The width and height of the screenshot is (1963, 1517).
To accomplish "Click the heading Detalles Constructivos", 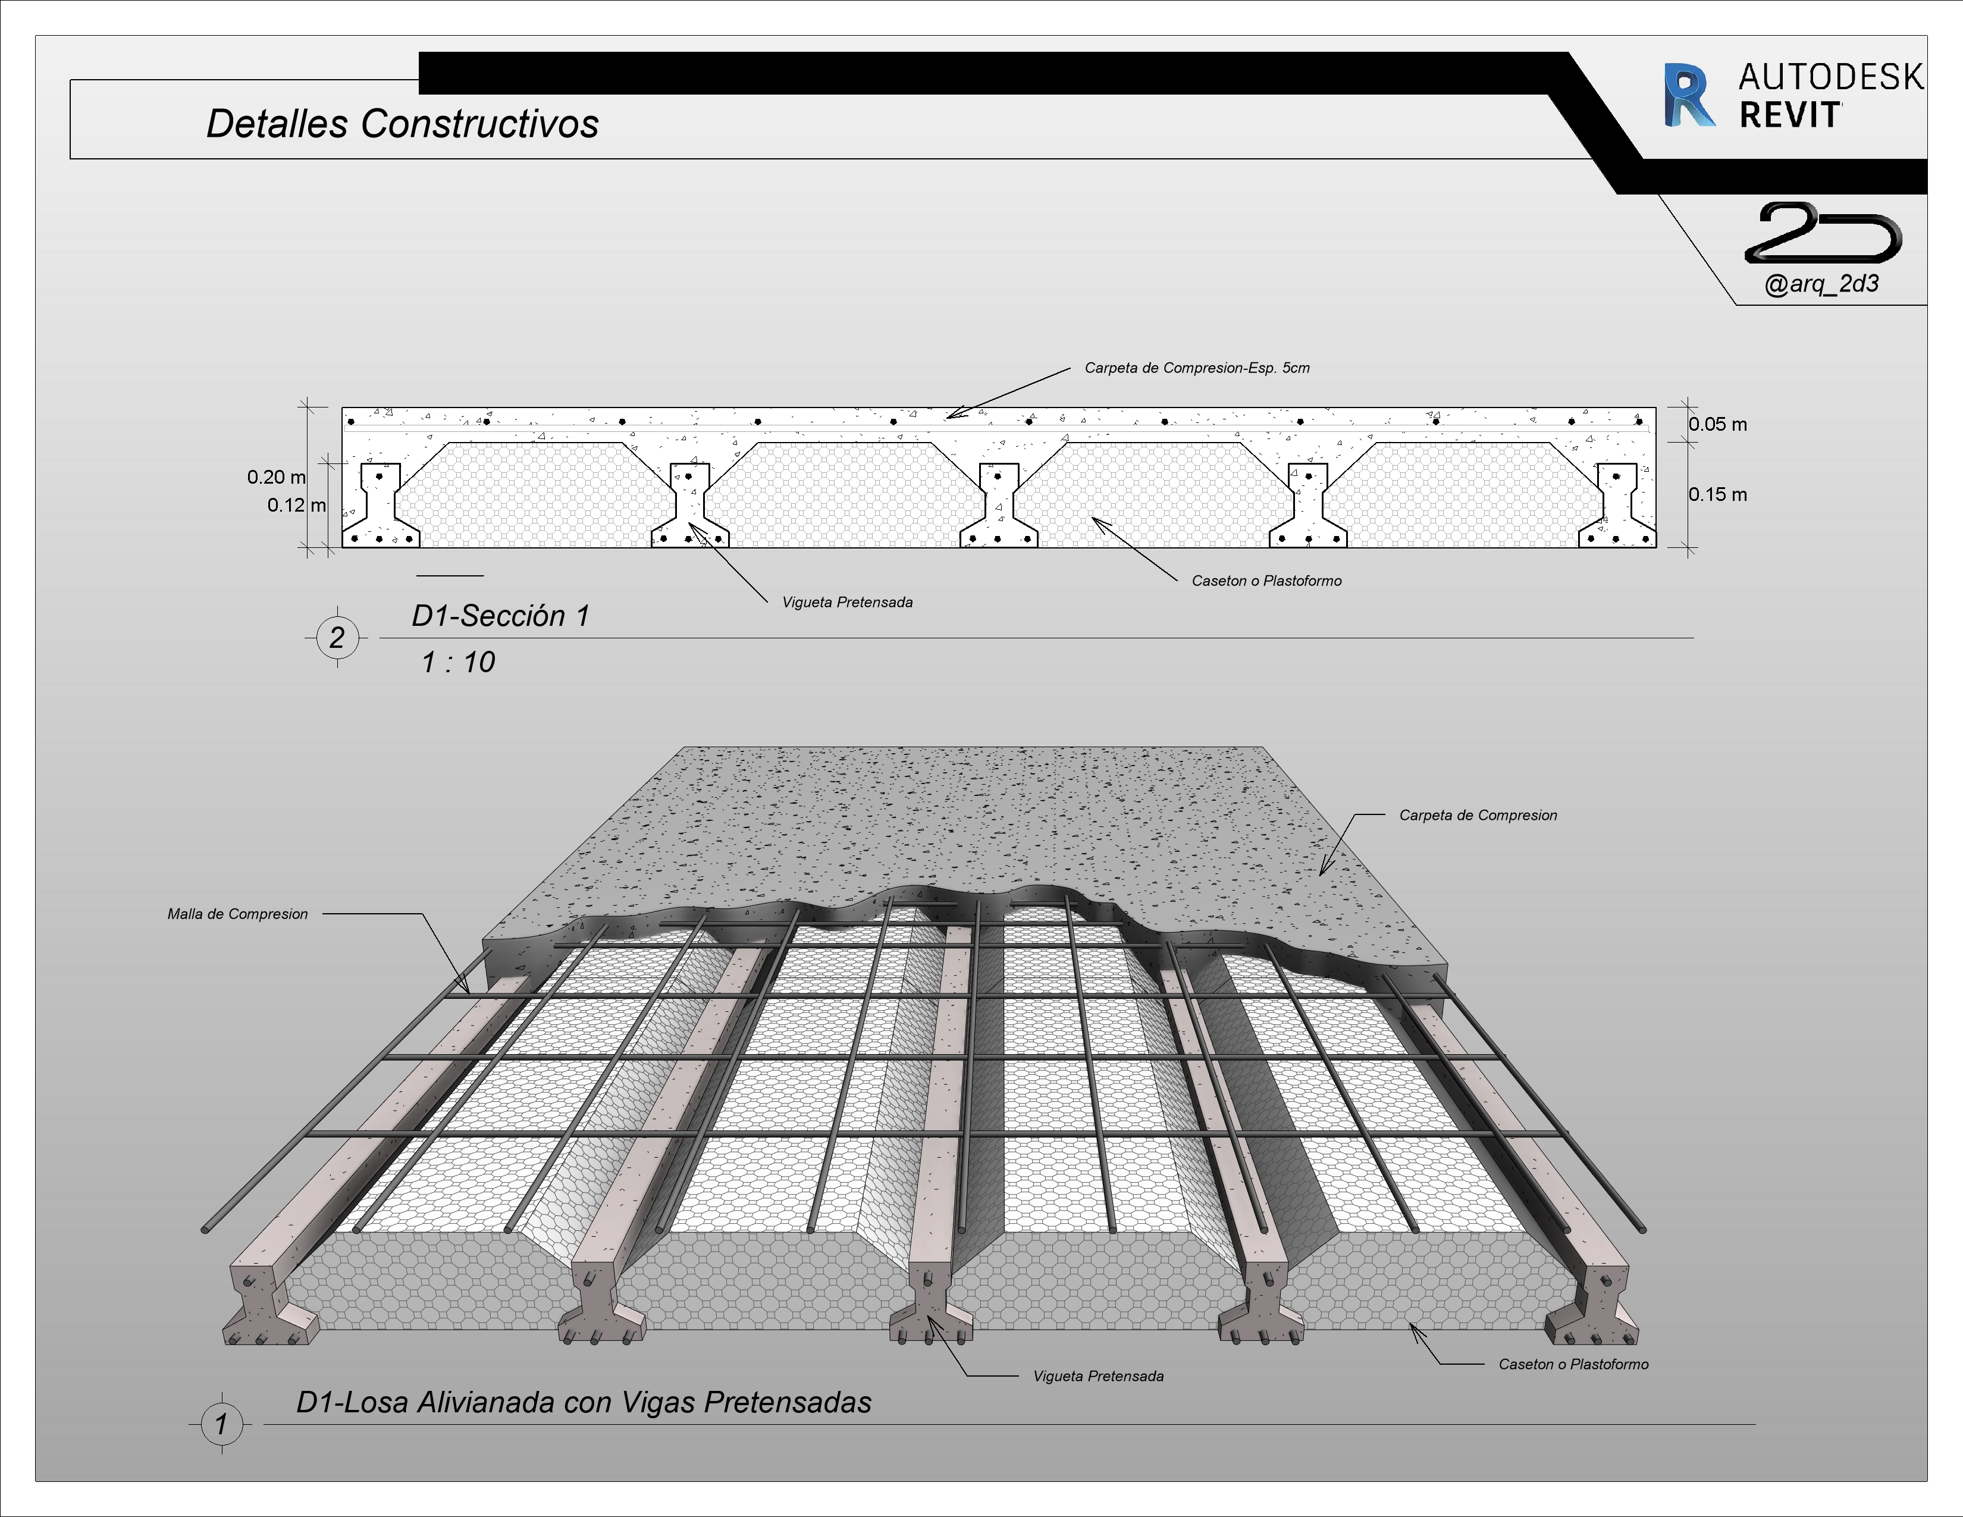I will click(x=402, y=124).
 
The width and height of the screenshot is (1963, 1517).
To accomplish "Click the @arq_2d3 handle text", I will click(x=1821, y=284).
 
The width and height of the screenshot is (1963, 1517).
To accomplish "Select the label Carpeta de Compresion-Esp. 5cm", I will click(x=1196, y=368).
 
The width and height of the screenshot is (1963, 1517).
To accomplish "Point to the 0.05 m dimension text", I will click(x=1717, y=424).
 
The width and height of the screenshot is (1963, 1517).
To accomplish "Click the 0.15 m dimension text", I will click(x=1717, y=494).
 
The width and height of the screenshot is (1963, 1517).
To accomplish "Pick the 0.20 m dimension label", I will click(x=276, y=477).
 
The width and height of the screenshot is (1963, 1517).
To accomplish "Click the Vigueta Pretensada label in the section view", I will click(x=846, y=602).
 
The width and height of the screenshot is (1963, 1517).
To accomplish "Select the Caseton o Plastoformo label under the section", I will click(x=1265, y=581).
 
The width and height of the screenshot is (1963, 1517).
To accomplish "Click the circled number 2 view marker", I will click(x=337, y=638).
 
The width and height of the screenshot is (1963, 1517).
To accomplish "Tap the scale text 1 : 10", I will click(x=457, y=662).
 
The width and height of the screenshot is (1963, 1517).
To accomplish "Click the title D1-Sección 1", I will click(x=500, y=616).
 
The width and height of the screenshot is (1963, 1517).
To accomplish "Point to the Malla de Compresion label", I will click(x=237, y=914).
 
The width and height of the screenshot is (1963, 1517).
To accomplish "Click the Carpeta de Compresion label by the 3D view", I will click(x=1477, y=815).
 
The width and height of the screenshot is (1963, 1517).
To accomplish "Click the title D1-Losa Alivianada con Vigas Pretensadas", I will click(x=584, y=1402).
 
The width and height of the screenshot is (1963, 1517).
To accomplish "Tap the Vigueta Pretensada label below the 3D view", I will click(x=1097, y=1376).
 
